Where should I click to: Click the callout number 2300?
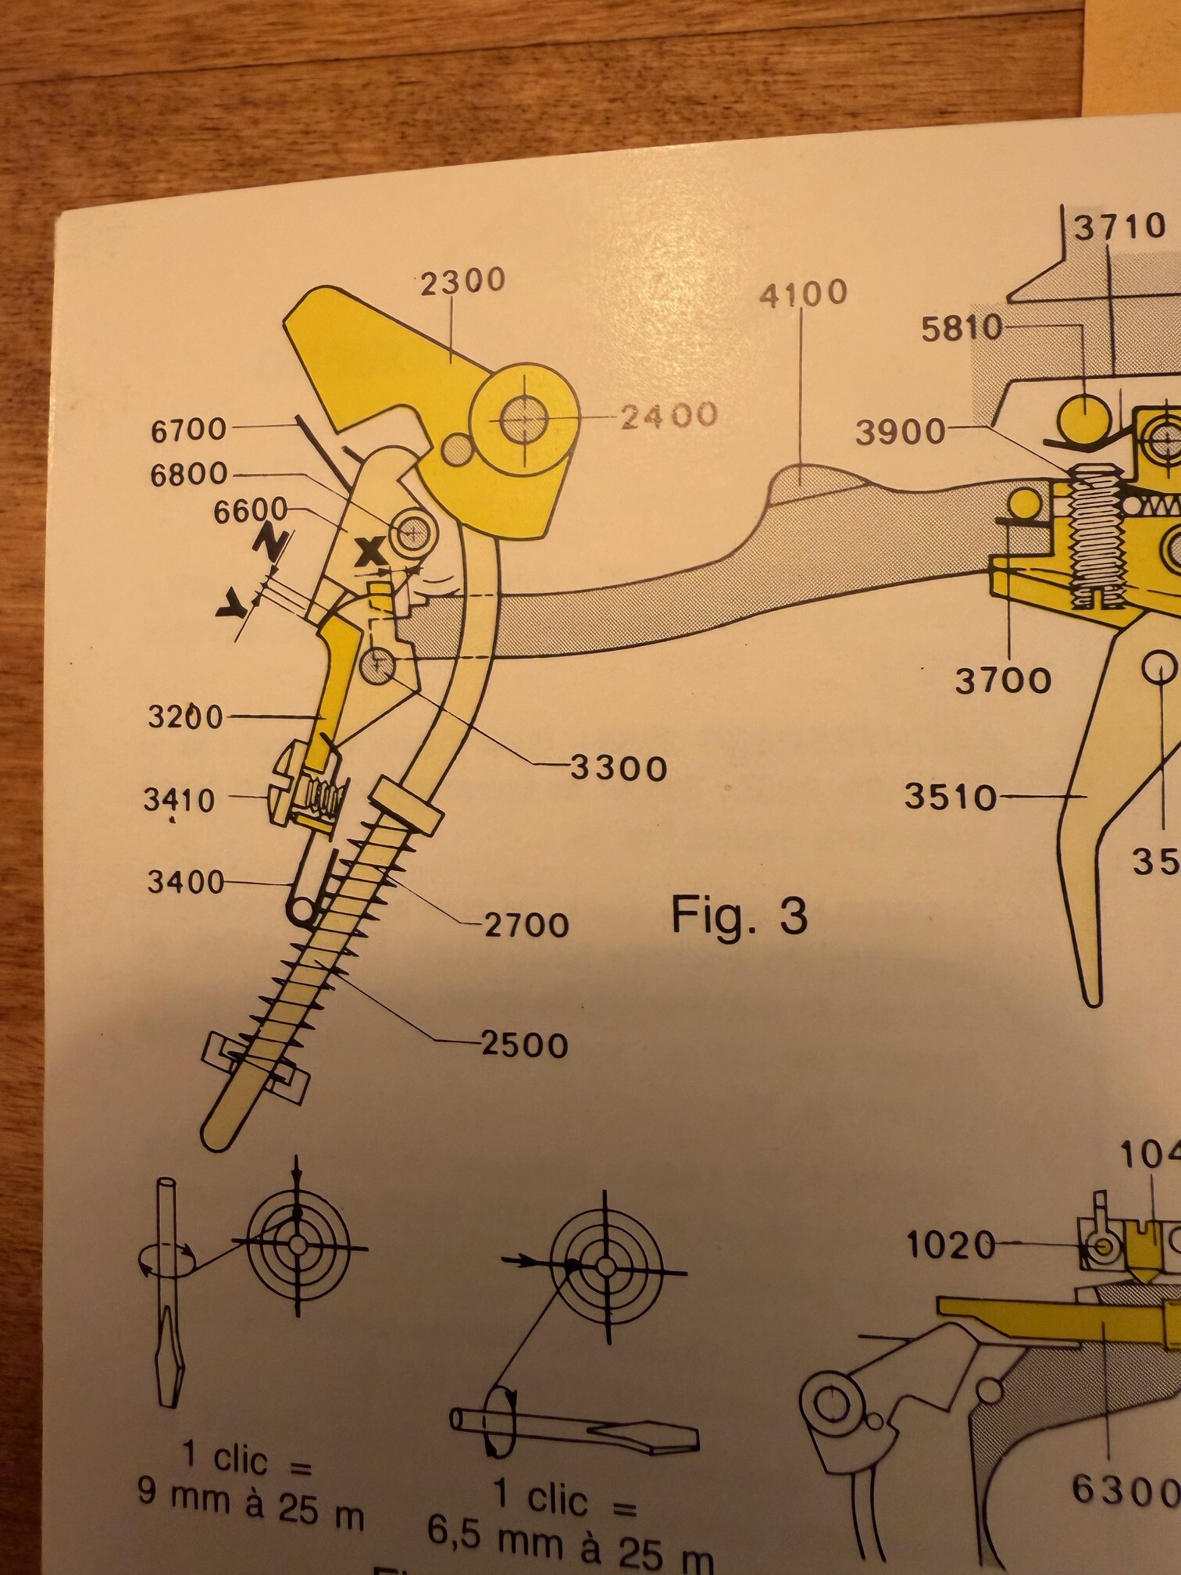click(x=463, y=281)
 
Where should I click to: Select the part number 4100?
click(x=804, y=293)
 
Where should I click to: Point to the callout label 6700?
click(x=188, y=429)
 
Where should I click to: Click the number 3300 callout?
click(x=619, y=768)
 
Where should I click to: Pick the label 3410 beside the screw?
click(x=179, y=800)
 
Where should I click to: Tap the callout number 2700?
click(x=526, y=925)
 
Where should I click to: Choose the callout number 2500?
click(x=524, y=1045)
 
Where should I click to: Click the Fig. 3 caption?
click(x=739, y=915)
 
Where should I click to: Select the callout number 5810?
click(x=962, y=329)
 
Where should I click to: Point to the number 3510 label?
click(x=951, y=797)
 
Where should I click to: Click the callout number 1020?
click(x=951, y=1245)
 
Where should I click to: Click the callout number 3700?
click(x=1003, y=680)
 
